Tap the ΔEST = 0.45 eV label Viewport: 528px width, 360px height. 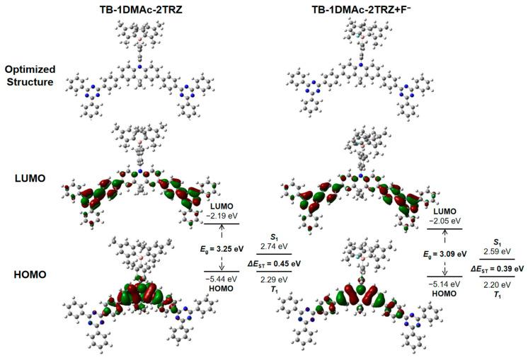pyautogui.click(x=271, y=262)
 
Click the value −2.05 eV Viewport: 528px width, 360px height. pyautogui.click(x=443, y=220)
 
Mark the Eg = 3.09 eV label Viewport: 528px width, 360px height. pyautogui.click(x=445, y=252)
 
